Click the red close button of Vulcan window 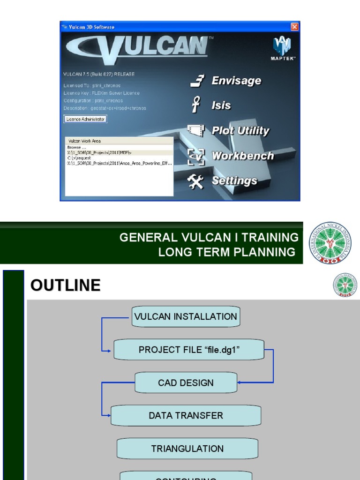tap(294, 27)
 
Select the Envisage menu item tap(236, 81)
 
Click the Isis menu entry tap(221, 105)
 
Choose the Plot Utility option tap(240, 131)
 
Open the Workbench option tap(242, 156)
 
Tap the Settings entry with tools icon tap(234, 180)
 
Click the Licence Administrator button tap(85, 119)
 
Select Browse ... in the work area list tap(75, 147)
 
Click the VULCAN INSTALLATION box tap(185, 316)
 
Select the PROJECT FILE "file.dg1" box tap(189, 350)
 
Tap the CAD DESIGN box tap(186, 382)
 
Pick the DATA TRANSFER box tap(186, 415)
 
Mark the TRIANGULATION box tap(187, 449)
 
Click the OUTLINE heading tap(65, 285)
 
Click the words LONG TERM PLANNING tap(227, 252)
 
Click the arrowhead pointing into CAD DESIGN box tap(240, 382)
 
